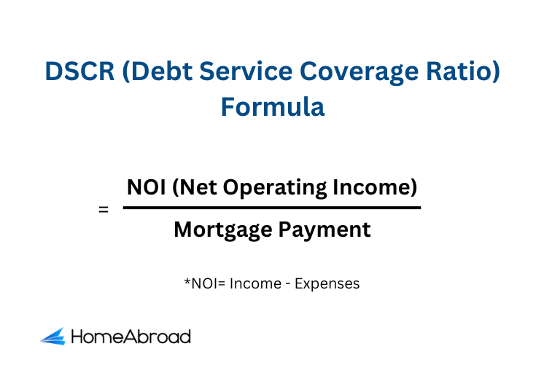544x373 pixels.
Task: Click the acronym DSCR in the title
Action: coord(79,71)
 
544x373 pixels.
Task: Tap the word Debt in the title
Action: coord(162,71)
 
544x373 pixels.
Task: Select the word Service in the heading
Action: coord(246,71)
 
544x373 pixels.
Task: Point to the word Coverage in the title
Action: coord(359,73)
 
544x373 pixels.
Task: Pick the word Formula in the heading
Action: coord(273,107)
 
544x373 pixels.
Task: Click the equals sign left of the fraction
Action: coord(104,210)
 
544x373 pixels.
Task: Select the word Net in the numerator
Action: coord(199,187)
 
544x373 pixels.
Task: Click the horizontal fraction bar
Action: coord(272,208)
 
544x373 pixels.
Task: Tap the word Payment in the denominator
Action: coord(325,230)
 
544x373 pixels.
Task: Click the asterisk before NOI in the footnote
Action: coord(187,280)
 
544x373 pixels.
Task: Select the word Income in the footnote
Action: coord(256,283)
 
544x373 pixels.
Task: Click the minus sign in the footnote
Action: coord(288,284)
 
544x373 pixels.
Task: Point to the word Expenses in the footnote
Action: coord(327,284)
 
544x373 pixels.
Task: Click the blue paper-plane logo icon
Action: coord(53,337)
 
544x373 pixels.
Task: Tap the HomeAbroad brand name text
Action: coord(131,337)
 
